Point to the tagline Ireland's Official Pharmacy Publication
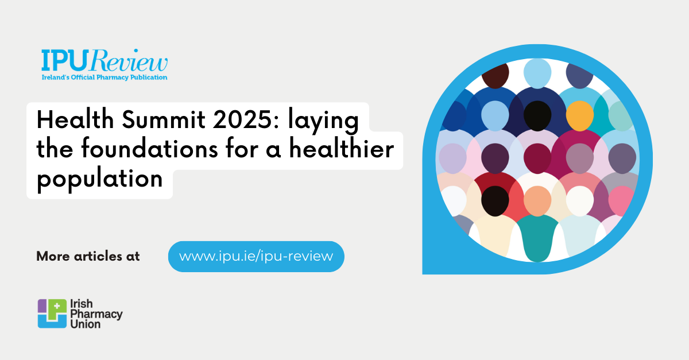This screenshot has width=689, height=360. (x=104, y=77)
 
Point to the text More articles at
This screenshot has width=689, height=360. (x=88, y=256)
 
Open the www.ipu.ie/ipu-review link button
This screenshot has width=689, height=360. (x=256, y=256)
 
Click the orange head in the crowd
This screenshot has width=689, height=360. (x=579, y=115)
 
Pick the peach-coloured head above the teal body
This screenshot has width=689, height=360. (x=537, y=200)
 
